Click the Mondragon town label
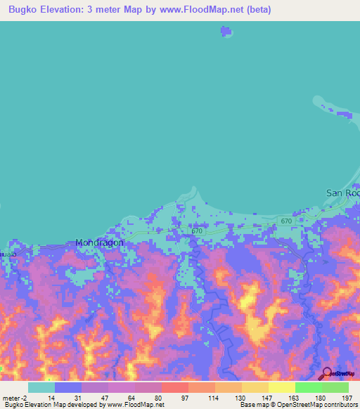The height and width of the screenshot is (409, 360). [99, 243]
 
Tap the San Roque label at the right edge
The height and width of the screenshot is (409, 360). [343, 193]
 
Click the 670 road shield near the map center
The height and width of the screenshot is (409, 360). [197, 231]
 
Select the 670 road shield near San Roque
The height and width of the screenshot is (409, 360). [285, 221]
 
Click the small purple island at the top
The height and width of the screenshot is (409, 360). [225, 32]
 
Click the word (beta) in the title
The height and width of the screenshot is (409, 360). [256, 10]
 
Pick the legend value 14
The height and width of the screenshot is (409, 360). [51, 397]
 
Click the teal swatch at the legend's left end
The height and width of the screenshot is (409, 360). [41, 387]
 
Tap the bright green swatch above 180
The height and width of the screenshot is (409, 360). [308, 387]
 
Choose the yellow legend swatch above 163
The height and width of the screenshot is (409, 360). [281, 387]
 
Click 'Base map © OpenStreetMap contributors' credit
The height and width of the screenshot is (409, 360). [297, 405]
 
